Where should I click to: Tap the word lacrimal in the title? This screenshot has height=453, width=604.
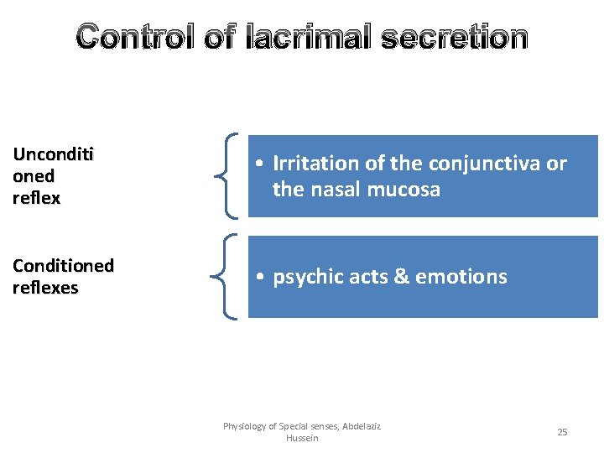[311, 38]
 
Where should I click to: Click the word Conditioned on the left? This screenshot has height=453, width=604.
[63, 266]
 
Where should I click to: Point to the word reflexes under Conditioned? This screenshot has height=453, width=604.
[45, 288]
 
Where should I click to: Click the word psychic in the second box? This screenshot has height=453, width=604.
[305, 277]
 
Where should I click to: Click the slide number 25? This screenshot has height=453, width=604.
[562, 432]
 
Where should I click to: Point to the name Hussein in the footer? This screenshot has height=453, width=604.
[302, 438]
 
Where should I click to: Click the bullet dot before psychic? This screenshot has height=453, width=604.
[263, 278]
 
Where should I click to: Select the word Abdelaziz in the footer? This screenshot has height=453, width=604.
[362, 426]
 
